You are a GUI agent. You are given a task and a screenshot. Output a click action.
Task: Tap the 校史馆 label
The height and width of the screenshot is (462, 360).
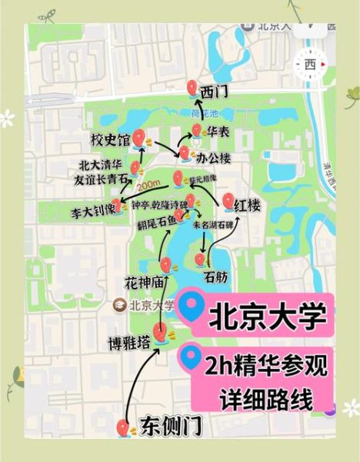106,141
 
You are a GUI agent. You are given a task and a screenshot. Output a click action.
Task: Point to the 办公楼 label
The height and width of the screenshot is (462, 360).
214,158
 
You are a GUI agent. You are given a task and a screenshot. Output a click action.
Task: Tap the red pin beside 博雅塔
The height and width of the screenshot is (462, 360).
161,333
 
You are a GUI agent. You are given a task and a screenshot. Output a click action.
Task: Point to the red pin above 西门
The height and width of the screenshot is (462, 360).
193,87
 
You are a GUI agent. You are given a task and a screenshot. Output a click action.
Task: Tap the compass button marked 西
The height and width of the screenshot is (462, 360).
310,64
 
